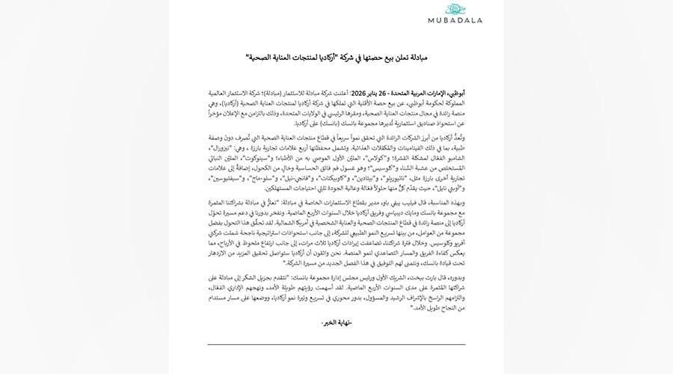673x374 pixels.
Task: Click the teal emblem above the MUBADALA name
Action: [455, 9]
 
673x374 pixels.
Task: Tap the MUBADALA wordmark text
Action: [455, 21]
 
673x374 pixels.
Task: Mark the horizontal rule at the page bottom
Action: [336, 345]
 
